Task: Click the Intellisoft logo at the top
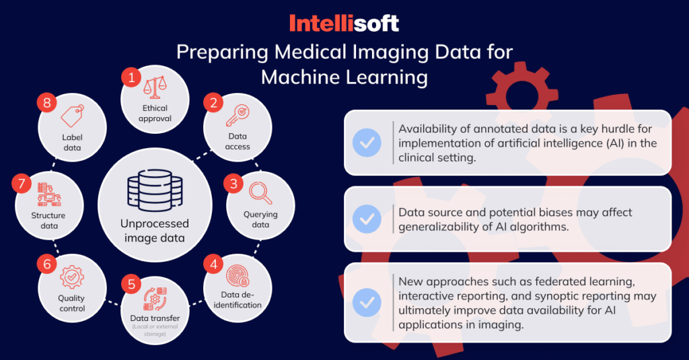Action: pos(344,24)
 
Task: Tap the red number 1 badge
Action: pos(131,78)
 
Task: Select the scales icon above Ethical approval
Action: pos(155,87)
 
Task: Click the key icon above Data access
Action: pos(238,116)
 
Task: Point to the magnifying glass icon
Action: pos(260,193)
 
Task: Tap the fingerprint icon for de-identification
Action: pos(238,276)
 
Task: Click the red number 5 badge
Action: pos(131,285)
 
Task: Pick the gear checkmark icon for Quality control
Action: pos(72,277)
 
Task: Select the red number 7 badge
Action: pos(22,183)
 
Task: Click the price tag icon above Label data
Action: pos(72,116)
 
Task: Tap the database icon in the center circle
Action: pos(155,191)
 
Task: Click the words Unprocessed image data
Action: pos(155,231)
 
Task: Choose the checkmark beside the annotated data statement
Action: pos(367,143)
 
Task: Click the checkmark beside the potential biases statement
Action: pos(367,219)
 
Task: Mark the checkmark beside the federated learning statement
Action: pos(367,302)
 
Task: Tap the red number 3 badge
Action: pos(233,183)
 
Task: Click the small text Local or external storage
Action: pos(155,330)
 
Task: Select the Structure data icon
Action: pos(48,194)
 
